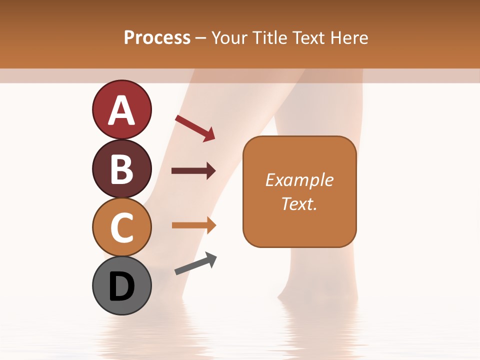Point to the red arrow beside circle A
[195, 128]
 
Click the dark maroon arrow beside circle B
[193, 171]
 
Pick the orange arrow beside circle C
[194, 225]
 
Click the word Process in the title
[157, 38]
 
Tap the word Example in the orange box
[299, 180]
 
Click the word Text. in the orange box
[299, 204]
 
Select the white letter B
[122, 169]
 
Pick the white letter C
[122, 227]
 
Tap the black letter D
[122, 286]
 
